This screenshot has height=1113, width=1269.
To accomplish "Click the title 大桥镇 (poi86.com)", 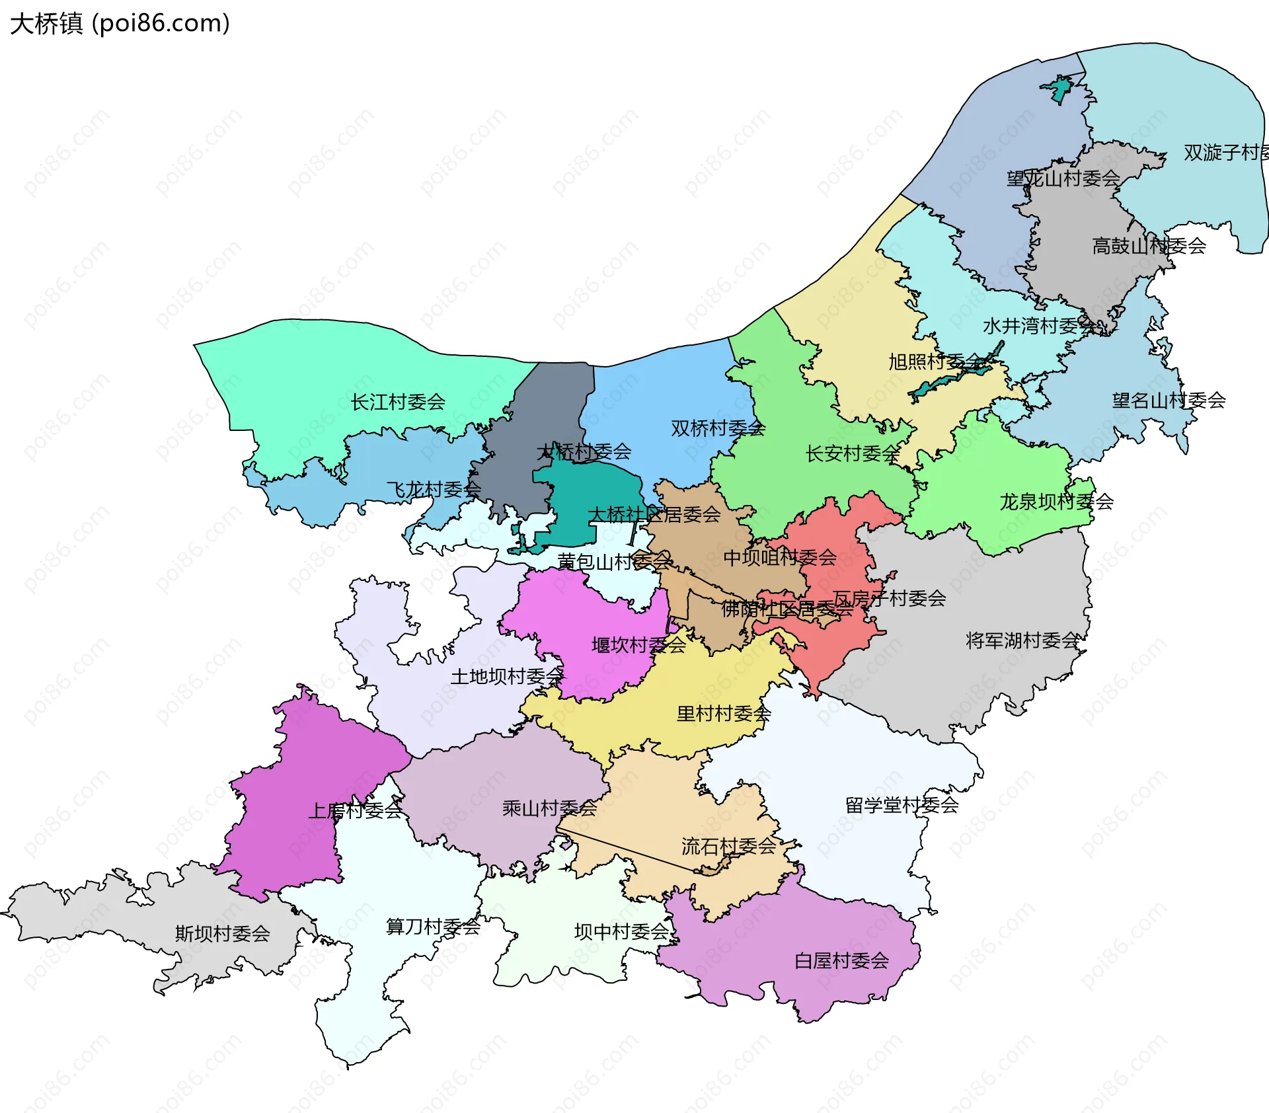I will point(120,24).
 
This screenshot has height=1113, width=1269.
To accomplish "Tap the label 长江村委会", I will point(398,402).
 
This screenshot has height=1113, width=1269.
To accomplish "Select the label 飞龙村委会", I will point(434,490).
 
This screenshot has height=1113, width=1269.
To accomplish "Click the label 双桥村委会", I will point(718,428).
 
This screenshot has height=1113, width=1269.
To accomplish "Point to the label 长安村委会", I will point(853,453).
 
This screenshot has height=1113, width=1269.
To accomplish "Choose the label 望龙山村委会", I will point(1063,178).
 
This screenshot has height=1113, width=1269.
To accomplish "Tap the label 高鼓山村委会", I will point(1149,246).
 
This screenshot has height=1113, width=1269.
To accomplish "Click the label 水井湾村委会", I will point(1040,326).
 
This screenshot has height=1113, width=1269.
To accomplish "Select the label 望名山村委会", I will point(1169,400).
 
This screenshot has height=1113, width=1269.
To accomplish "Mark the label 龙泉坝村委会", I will point(1056,502).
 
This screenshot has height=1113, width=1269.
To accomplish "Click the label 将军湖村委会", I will point(1022,640).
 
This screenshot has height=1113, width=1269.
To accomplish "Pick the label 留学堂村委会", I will point(902,805).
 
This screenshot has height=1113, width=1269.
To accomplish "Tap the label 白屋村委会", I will point(841,960).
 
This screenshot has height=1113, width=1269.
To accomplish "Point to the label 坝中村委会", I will point(622,931).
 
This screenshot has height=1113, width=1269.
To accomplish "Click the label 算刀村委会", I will point(433,927).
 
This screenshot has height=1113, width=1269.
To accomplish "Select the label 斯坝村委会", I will point(222,933).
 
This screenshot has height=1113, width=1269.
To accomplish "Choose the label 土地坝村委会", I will point(506,676).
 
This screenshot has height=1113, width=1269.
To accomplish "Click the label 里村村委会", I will point(724,713).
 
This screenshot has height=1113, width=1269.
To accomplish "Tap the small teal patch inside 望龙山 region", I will point(1059,90).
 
